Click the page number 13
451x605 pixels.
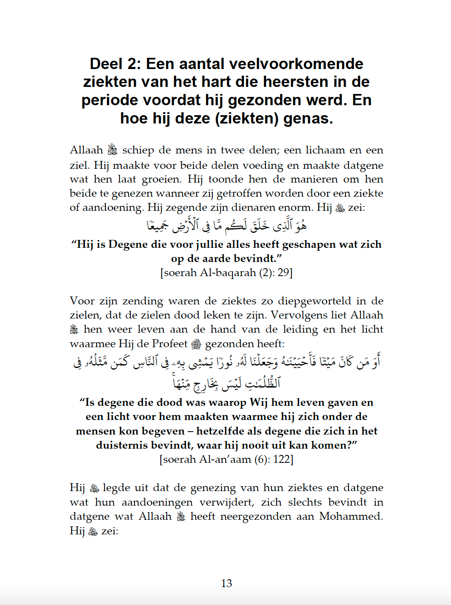[226, 583]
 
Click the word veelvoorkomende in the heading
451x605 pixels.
[296, 64]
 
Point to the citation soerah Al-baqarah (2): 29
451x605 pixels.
[226, 273]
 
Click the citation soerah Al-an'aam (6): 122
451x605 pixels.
[226, 459]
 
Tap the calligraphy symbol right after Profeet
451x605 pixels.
[196, 344]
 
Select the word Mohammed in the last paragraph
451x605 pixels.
[351, 516]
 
